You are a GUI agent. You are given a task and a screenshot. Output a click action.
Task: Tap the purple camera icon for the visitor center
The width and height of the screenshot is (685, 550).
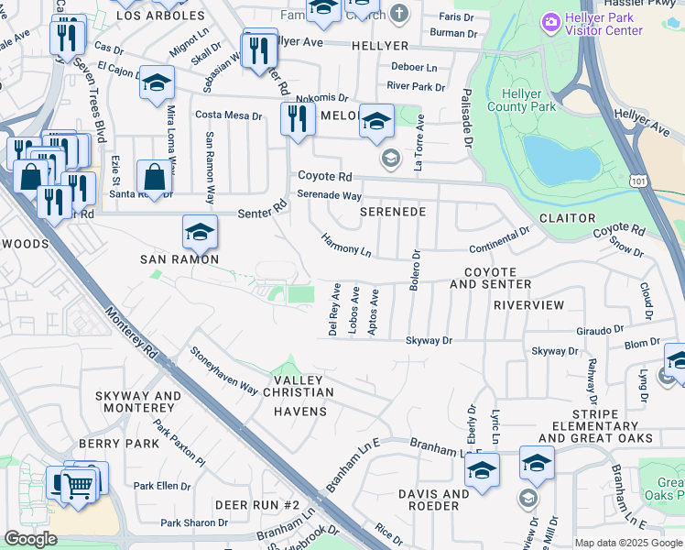[x=551, y=20]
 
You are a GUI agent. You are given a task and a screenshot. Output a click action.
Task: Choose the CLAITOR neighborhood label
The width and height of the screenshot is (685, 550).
[x=567, y=218]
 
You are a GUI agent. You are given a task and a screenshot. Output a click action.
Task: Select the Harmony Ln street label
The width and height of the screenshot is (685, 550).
[x=346, y=245]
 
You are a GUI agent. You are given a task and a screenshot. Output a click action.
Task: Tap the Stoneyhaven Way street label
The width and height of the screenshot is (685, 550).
[x=223, y=369]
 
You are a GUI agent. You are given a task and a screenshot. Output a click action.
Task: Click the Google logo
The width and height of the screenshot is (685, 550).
[x=30, y=539]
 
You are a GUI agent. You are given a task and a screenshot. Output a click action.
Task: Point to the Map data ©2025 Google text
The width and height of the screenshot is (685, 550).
[x=628, y=543]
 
